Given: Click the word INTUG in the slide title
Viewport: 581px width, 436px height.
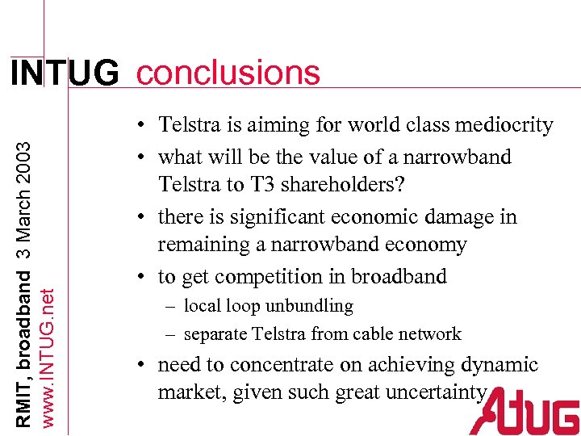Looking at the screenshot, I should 64,73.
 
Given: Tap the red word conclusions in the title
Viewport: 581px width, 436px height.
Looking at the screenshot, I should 228,73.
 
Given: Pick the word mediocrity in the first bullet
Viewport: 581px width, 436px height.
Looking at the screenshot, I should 504,125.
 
